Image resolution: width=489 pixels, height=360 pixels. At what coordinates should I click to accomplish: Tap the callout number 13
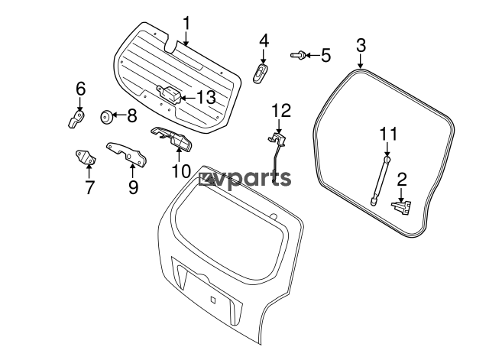206,97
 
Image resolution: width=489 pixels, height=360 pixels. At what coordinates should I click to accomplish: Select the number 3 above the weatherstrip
361,46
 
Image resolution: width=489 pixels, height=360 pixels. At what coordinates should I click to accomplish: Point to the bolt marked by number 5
297,55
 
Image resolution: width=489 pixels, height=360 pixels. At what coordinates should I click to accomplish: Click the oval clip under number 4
261,74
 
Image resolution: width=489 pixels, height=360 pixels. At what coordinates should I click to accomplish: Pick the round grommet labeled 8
107,117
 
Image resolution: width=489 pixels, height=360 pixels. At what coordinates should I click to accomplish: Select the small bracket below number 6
76,118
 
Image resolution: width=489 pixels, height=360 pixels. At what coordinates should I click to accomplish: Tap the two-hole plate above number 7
86,157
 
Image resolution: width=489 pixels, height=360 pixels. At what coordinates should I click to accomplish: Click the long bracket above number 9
127,154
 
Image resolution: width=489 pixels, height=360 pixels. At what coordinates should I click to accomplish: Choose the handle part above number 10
172,138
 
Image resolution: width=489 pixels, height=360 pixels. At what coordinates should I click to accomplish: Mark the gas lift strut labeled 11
379,181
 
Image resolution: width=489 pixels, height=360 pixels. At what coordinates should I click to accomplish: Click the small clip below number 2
401,207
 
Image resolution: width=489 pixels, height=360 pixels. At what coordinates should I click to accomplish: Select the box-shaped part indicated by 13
169,93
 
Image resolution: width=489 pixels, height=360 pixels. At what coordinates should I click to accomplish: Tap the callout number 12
281,111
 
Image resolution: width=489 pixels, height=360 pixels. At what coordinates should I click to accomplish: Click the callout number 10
181,170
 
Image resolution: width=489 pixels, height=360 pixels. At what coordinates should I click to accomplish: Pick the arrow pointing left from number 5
313,56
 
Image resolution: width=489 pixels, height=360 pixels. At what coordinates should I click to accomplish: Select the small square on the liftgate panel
212,300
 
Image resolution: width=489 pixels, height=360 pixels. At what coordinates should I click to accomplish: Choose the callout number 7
89,187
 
